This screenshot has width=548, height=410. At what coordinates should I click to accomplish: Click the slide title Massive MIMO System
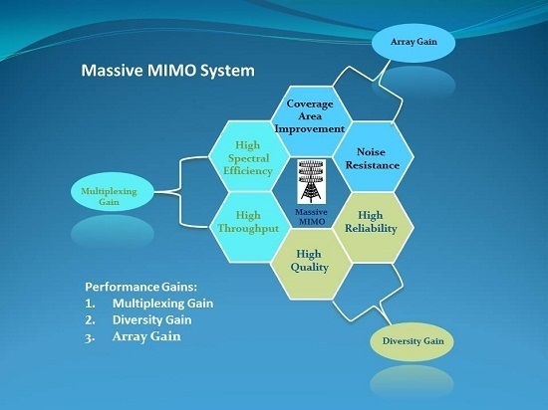167,70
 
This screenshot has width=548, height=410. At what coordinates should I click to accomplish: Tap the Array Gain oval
413,43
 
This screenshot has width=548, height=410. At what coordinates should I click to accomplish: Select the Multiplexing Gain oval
113,192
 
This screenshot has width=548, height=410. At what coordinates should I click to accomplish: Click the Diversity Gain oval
412,341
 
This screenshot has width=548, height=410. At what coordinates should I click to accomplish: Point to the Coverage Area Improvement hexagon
311,120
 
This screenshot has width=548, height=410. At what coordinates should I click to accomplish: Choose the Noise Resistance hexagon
373,157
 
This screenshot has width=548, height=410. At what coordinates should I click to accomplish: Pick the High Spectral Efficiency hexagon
249,156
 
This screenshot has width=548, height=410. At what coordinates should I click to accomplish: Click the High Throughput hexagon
249,227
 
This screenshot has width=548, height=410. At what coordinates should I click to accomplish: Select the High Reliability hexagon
373,227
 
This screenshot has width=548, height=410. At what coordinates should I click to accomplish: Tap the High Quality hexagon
311,264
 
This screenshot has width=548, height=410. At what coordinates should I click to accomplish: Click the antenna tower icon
312,181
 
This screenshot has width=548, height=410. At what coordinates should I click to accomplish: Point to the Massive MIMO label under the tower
312,217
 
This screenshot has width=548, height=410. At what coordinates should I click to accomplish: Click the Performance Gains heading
141,287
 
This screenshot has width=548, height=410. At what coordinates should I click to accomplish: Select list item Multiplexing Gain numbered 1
149,304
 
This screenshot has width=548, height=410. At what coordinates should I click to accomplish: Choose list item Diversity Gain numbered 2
138,320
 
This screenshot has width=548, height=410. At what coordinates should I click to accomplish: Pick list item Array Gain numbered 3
133,336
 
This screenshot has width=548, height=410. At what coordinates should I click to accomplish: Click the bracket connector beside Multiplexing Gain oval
180,192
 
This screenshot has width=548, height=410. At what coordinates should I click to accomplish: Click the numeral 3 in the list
89,337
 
